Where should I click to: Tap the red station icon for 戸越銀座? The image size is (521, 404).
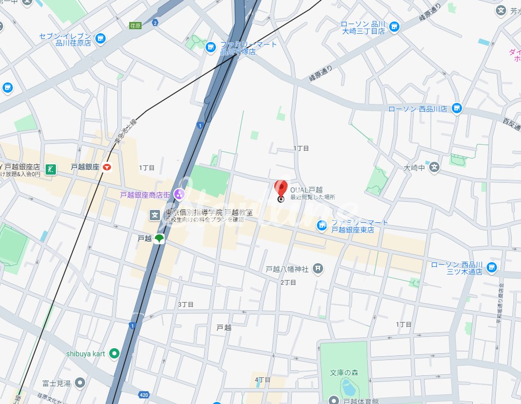(107, 167)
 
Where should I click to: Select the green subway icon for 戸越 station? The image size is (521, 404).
(159, 239)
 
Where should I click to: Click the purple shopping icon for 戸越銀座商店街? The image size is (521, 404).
(179, 194)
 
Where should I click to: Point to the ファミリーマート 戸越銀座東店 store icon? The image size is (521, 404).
(322, 225)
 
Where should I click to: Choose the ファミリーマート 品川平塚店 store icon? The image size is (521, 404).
(210, 48)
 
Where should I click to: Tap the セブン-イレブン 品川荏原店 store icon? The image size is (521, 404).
(101, 38)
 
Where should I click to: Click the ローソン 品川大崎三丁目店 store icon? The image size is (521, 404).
(394, 27)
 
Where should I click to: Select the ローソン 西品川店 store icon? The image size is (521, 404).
(457, 109)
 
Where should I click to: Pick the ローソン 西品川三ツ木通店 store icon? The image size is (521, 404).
(492, 267)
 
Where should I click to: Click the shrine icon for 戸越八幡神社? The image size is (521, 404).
(318, 268)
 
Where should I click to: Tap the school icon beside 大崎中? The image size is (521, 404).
(434, 167)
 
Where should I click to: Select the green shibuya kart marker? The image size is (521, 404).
(114, 353)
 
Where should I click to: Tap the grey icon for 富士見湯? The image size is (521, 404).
(80, 382)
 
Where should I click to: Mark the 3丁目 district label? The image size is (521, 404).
(186, 305)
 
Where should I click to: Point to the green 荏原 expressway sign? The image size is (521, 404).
(135, 25)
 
